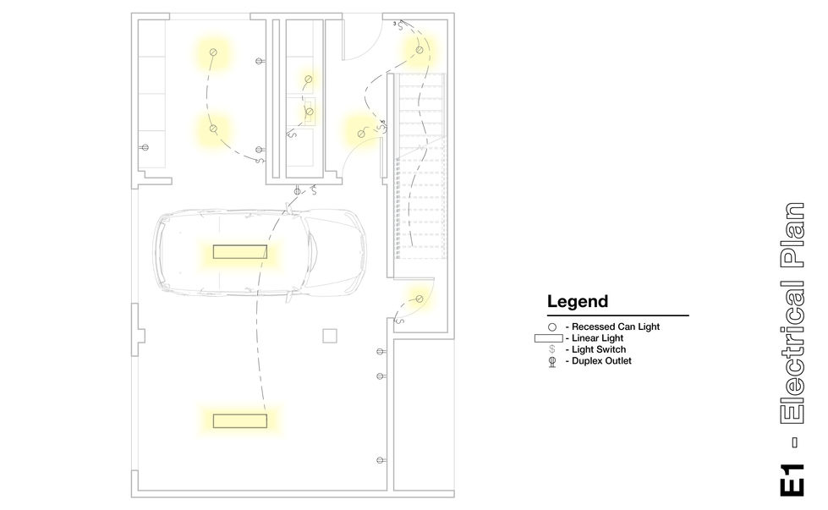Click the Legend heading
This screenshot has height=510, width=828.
point(577,301)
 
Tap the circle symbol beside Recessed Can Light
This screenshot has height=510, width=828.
point(551,326)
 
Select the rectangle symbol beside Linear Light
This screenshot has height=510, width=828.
point(549,338)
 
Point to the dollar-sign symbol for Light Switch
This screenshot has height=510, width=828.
point(551,349)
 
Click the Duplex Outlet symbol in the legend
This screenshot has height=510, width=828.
point(552,361)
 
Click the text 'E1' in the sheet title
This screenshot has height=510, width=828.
point(792,480)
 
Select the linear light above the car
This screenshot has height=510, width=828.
point(240,252)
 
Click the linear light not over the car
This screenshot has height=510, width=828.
point(240,421)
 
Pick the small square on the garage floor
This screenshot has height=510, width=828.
point(330,336)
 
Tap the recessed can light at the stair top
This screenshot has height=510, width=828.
point(419,50)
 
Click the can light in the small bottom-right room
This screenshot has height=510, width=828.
point(419,299)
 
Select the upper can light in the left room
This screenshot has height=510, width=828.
point(213,52)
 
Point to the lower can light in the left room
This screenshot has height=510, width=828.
point(213,129)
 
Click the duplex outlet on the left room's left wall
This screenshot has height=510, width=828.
point(145,148)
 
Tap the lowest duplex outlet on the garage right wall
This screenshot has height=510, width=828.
point(381,460)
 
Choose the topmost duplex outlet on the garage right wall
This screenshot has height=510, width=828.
point(381,352)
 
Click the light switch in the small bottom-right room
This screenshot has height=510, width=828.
point(400,320)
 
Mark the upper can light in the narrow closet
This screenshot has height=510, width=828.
point(309,80)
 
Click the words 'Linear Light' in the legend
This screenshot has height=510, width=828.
point(597,338)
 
